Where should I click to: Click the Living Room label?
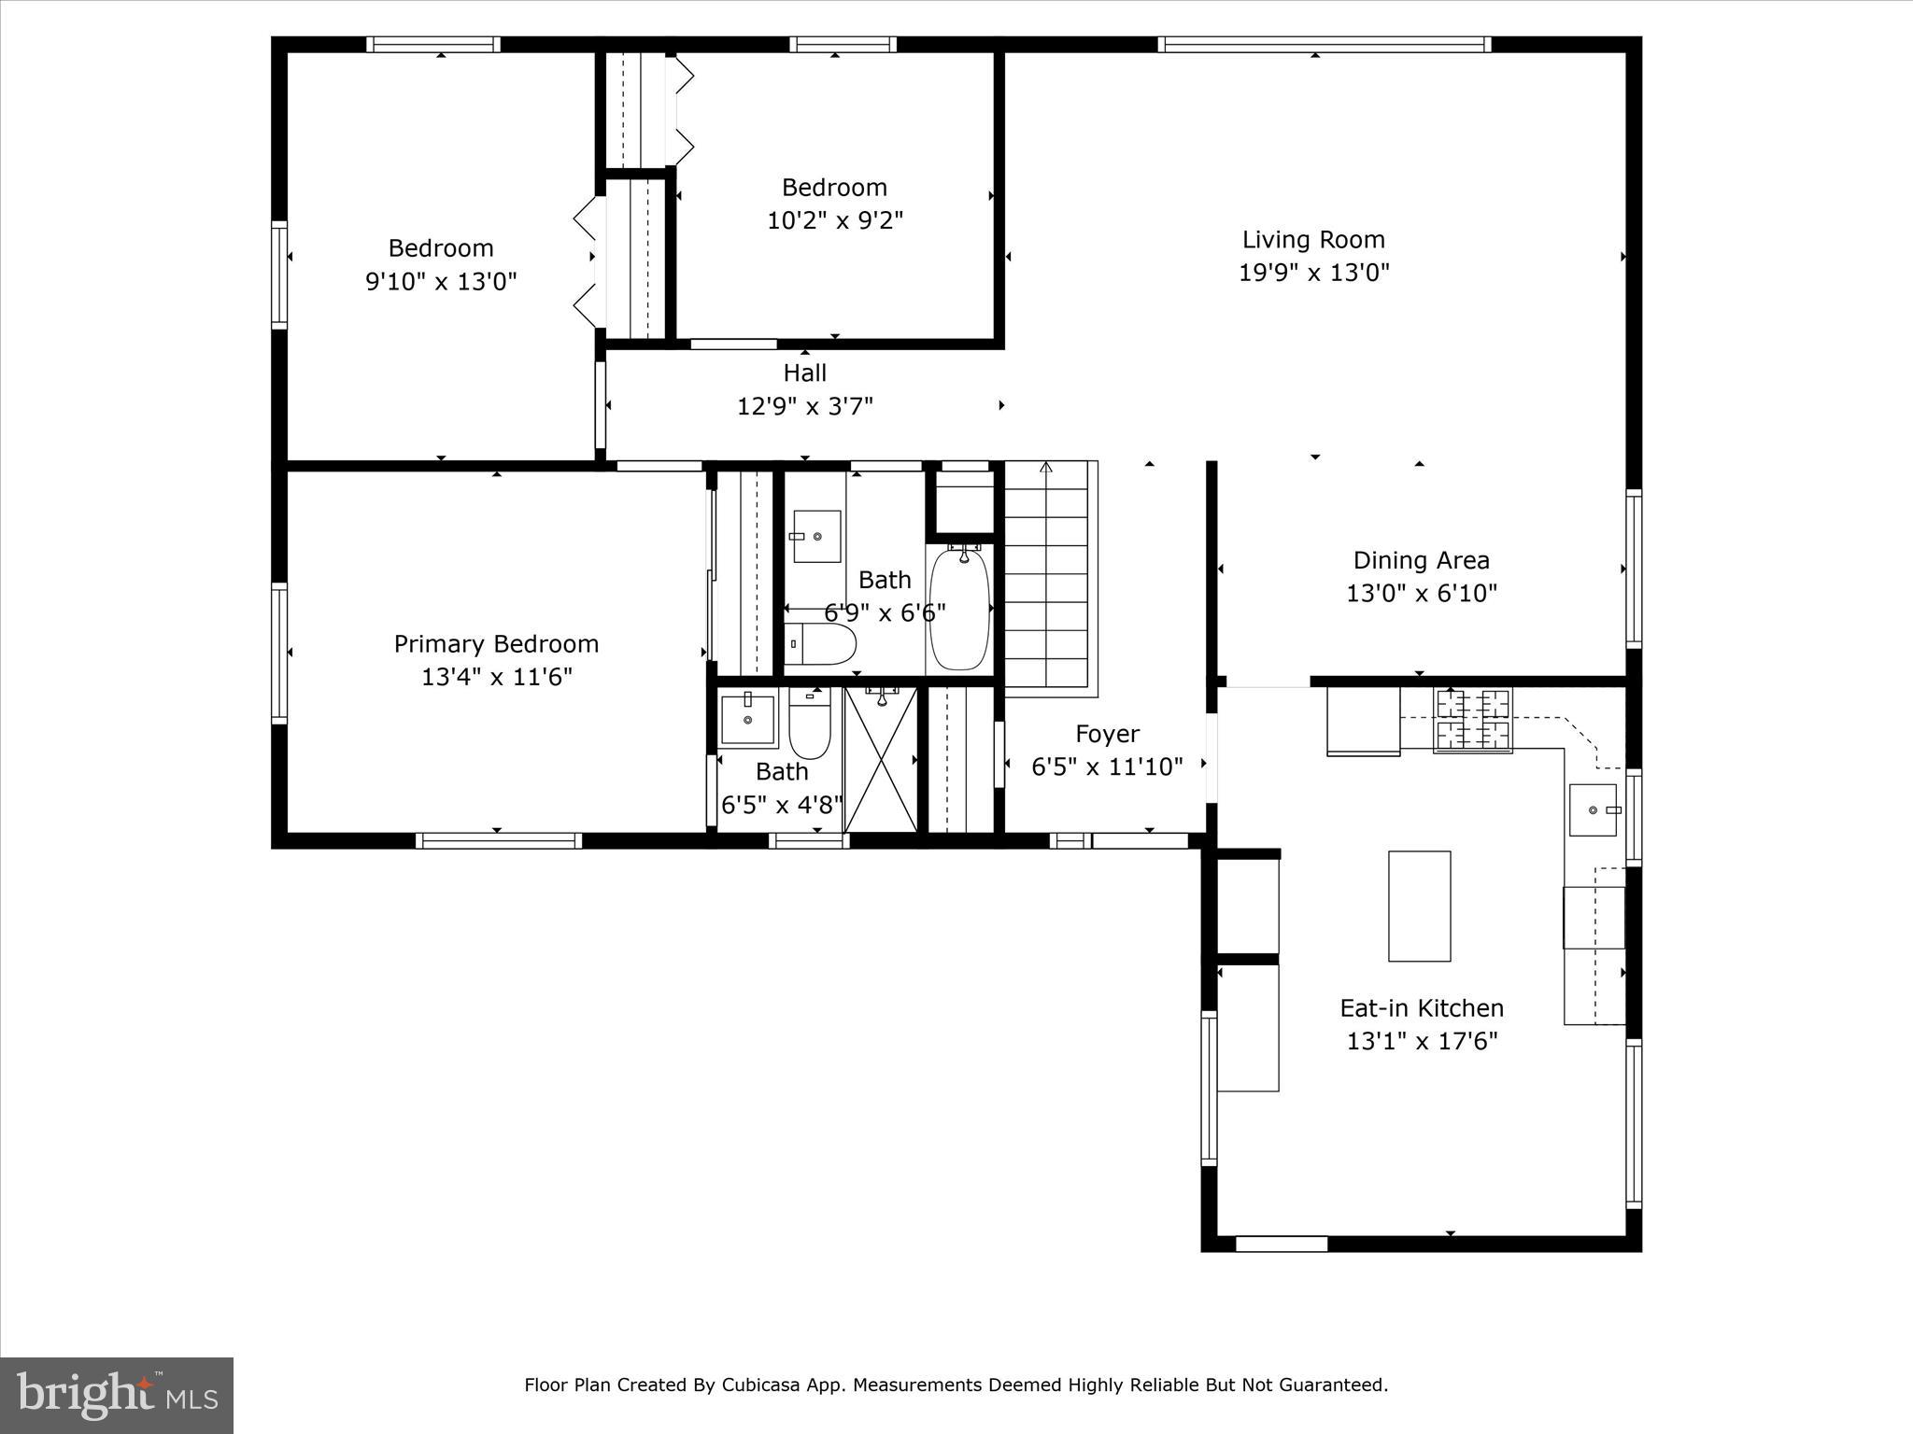1312,240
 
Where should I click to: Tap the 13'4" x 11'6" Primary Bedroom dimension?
496,677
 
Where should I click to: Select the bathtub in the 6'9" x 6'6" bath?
959,609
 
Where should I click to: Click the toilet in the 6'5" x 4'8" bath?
809,726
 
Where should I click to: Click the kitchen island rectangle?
1419,906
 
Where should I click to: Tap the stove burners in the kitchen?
1472,720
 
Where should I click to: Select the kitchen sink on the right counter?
1593,809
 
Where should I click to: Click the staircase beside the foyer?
1046,579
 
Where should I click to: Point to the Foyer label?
1107,734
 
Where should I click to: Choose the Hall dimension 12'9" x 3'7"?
804,406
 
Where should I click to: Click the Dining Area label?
1421,560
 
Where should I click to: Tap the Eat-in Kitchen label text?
1421,1008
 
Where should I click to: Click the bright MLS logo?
117,1396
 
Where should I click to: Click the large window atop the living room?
1324,44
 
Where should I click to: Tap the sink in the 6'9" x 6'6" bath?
816,536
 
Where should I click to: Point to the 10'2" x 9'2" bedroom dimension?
834,221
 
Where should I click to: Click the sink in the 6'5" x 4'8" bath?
748,720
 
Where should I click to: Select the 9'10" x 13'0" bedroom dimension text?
440,282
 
